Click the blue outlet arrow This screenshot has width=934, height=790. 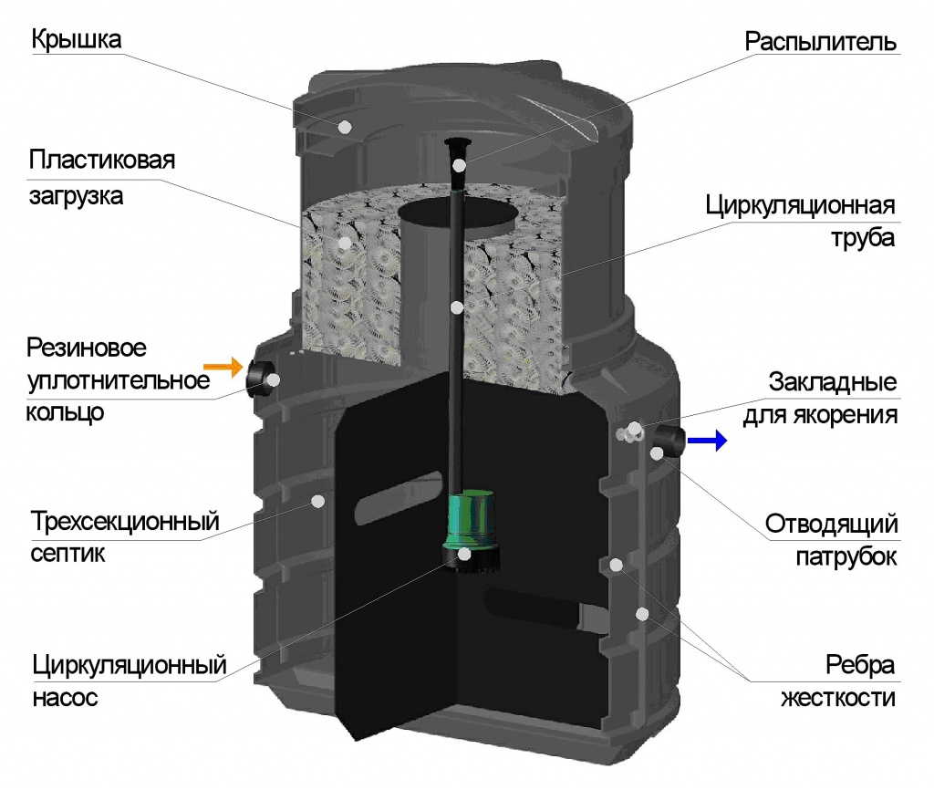706,442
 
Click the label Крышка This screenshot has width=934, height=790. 77,41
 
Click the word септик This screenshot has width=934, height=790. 68,553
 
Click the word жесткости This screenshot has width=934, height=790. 839,699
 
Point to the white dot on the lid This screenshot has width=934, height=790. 346,126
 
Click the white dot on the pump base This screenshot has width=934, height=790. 465,554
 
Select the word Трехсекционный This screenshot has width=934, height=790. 126,523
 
